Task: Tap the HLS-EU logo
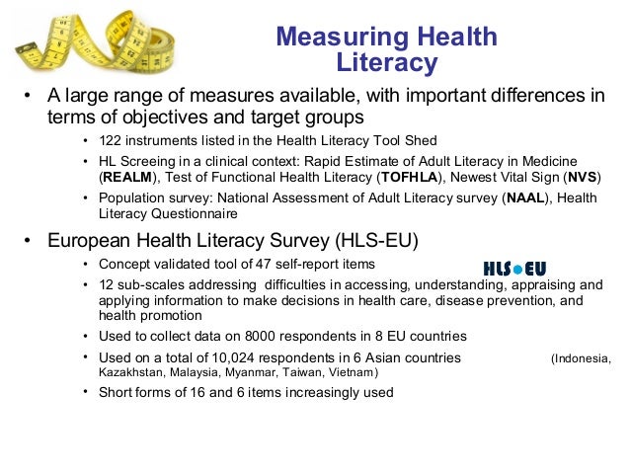514,268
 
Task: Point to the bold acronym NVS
579,179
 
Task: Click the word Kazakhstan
132,374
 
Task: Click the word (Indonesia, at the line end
581,357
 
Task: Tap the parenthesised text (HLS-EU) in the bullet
376,241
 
